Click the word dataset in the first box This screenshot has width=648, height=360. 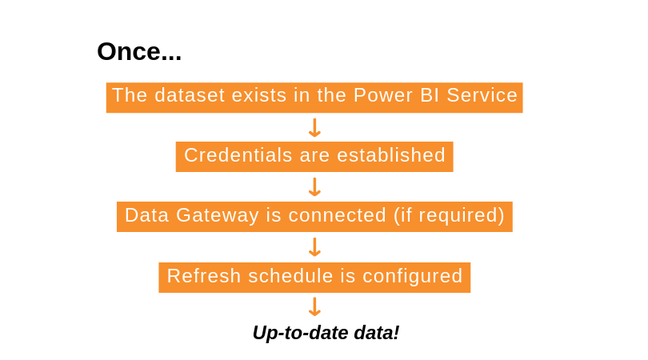(189, 95)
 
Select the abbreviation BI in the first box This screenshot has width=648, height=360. (429, 95)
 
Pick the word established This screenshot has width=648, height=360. (391, 155)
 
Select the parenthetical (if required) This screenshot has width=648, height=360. (449, 216)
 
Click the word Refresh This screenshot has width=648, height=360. (204, 276)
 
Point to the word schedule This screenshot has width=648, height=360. (290, 276)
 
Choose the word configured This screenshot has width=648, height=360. (413, 277)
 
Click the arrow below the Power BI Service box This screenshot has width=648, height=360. (314, 127)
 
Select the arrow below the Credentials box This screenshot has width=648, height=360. (314, 187)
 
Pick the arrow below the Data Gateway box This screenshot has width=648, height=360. (314, 247)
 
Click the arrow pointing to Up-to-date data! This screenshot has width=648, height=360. (314, 307)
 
